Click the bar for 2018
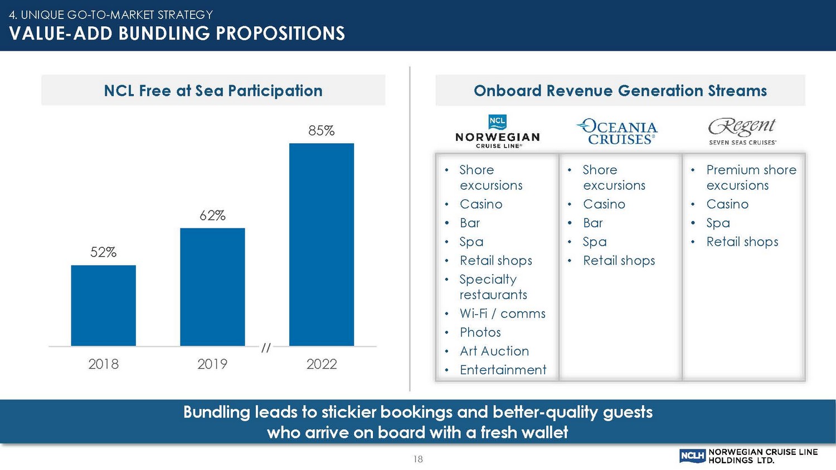click(x=103, y=305)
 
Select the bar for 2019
click(x=212, y=287)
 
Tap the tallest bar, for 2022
click(x=322, y=244)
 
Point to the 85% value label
click(x=322, y=131)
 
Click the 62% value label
click(x=212, y=216)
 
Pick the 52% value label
click(x=103, y=252)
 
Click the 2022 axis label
click(x=322, y=364)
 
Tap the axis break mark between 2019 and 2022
click(x=266, y=348)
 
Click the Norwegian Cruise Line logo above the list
click(x=497, y=131)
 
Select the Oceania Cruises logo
click(x=618, y=132)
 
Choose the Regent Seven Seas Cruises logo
click(x=742, y=131)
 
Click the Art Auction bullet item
click(x=494, y=351)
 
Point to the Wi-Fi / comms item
click(x=502, y=314)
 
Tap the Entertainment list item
click(x=503, y=370)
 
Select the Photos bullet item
click(x=480, y=332)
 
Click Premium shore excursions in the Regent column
click(x=750, y=178)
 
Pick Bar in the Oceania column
click(x=592, y=223)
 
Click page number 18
click(x=418, y=459)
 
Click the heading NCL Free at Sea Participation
click(x=213, y=91)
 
